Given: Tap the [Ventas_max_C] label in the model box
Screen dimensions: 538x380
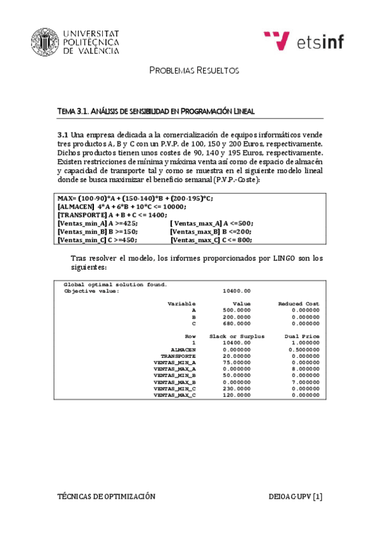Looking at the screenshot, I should click(x=195, y=240).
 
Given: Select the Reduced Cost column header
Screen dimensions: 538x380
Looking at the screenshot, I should click(x=298, y=304).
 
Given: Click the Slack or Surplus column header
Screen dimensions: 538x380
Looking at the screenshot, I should click(x=237, y=336).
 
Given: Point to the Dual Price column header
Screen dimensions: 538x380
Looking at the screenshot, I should click(x=301, y=336).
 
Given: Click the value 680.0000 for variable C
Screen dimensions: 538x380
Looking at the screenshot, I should click(x=238, y=324).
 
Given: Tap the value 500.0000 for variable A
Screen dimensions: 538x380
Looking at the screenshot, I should click(x=238, y=311).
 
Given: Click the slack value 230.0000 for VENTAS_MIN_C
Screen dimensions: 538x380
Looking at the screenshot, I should click(x=238, y=388).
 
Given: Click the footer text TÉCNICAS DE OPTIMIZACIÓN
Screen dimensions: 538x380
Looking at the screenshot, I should click(x=106, y=497).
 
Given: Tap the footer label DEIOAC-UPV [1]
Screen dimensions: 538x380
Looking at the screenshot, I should click(x=296, y=497).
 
